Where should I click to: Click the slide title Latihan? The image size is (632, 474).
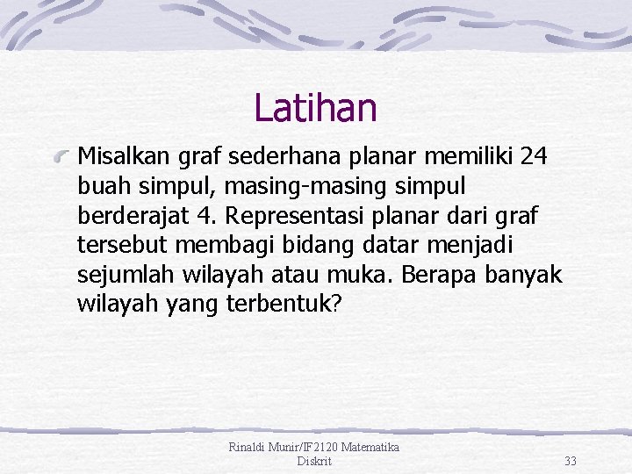[x=315, y=109]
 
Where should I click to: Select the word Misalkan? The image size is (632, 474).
[x=119, y=157]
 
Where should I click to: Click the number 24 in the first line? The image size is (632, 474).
[x=534, y=157]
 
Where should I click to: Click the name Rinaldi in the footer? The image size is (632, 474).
[x=249, y=448]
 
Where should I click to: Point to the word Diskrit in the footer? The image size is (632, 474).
[x=314, y=461]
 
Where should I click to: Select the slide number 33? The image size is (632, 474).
[x=571, y=461]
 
